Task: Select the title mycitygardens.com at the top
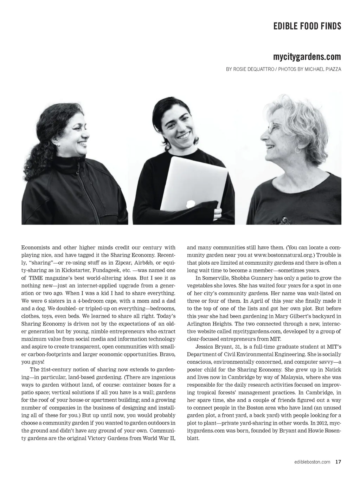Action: pos(307,57)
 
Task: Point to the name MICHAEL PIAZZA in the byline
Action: pos(323,69)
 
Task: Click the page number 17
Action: pos(338,462)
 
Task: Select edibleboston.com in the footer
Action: pos(312,462)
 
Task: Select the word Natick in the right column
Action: pos(332,370)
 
